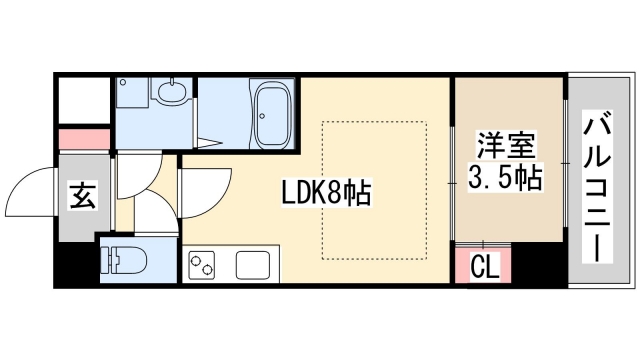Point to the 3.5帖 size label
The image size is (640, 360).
(x=504, y=179)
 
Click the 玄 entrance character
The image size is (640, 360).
(x=81, y=196)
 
